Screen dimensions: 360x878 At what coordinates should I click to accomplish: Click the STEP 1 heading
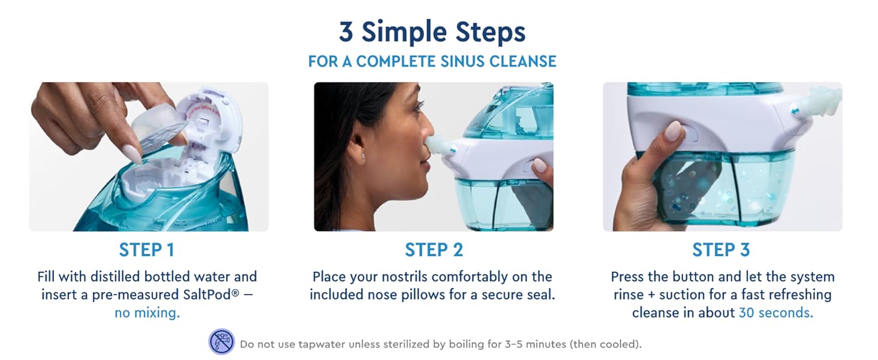[x=146, y=250]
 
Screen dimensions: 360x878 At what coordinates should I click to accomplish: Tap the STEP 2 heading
[x=434, y=250]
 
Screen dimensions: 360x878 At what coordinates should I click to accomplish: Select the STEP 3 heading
[x=721, y=250]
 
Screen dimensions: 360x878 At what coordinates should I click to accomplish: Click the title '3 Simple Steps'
[x=432, y=32]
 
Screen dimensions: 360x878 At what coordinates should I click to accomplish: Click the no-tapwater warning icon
[x=221, y=342]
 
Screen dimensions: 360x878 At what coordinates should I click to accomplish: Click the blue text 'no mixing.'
[x=147, y=313]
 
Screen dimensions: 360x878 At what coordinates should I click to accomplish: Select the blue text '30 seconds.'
[x=776, y=313]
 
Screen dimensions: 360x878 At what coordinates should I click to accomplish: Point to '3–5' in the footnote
[x=487, y=344]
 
